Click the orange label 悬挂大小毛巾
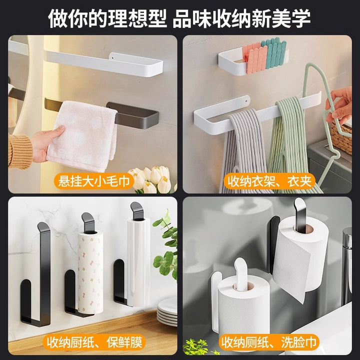pos(94,181)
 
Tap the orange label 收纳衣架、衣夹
pos(269,181)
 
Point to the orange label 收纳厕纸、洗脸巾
pos(269,342)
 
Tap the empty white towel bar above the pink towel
pos(104,63)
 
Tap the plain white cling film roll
pos(138,261)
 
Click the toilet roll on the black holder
pos(299,257)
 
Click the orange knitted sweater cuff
pos(20,151)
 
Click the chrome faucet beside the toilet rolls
pos(347,264)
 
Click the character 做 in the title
pos(58,19)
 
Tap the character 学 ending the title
pos(301,19)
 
